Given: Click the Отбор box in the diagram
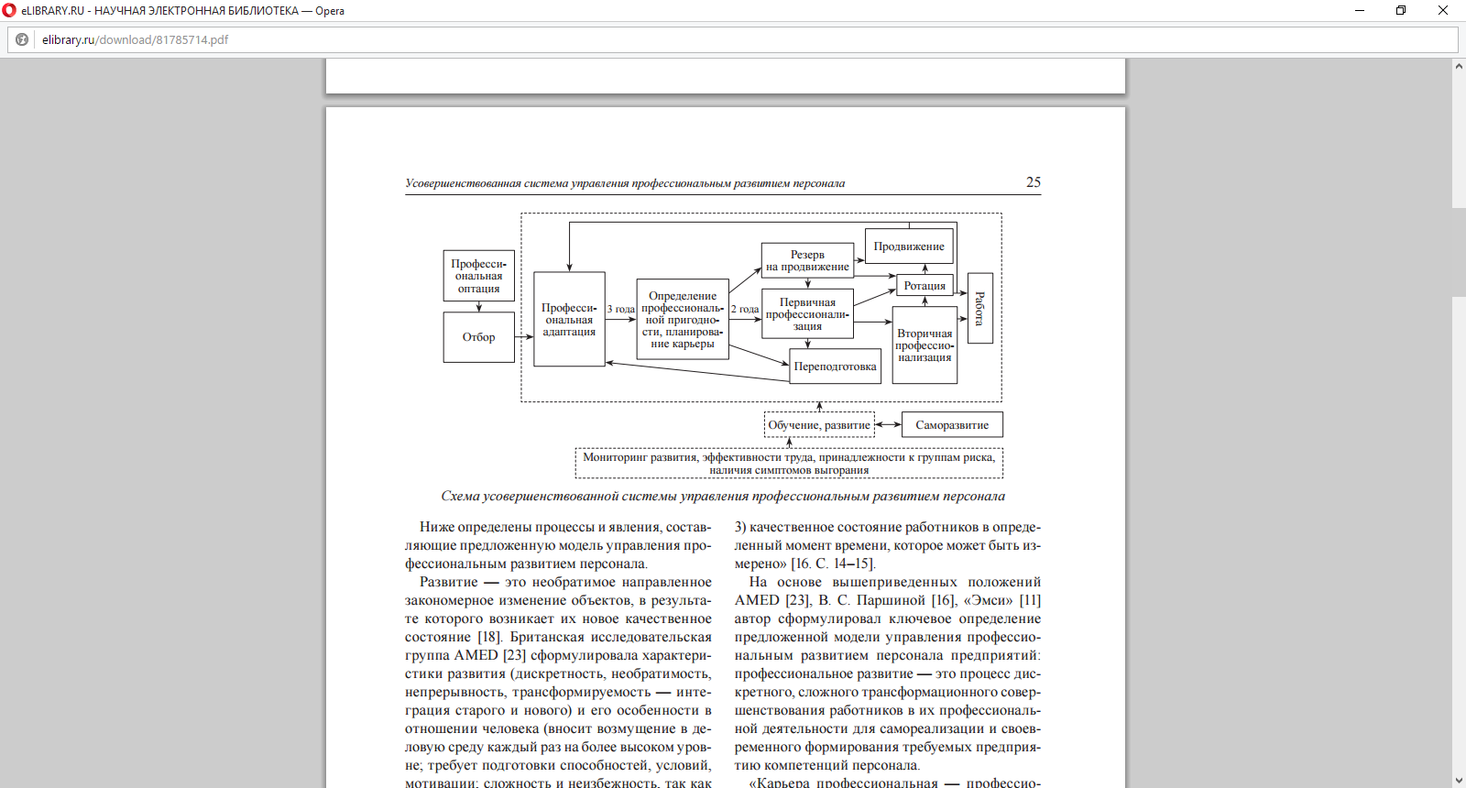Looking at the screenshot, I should pyautogui.click(x=478, y=337).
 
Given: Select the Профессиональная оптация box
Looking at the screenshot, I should pyautogui.click(x=478, y=276).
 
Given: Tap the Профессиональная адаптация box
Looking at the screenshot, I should pyautogui.click(x=569, y=320).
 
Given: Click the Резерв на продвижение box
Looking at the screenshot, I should pyautogui.click(x=807, y=261).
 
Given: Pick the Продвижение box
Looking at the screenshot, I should pyautogui.click(x=909, y=246).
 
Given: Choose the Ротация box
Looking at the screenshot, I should pyautogui.click(x=924, y=286).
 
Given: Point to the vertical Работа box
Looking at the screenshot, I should pyautogui.click(x=979, y=308).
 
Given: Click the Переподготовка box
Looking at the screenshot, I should pyautogui.click(x=835, y=367).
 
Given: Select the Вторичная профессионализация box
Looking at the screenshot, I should pyautogui.click(x=924, y=345).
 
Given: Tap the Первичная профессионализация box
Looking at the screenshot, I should pyautogui.click(x=807, y=314).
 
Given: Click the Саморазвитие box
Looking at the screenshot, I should pyautogui.click(x=952, y=425).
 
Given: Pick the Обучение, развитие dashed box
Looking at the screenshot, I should pyautogui.click(x=819, y=425).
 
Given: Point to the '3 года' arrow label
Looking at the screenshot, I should pyautogui.click(x=621, y=310).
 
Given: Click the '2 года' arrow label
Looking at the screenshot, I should pyautogui.click(x=745, y=310).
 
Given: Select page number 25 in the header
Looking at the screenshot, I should pyautogui.click(x=1033, y=182).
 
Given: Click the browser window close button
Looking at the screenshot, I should pyautogui.click(x=1443, y=10).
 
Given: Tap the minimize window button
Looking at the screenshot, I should pyautogui.click(x=1360, y=10).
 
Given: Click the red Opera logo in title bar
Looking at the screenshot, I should pyautogui.click(x=9, y=10).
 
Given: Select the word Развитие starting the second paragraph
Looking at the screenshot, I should pyautogui.click(x=448, y=583).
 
